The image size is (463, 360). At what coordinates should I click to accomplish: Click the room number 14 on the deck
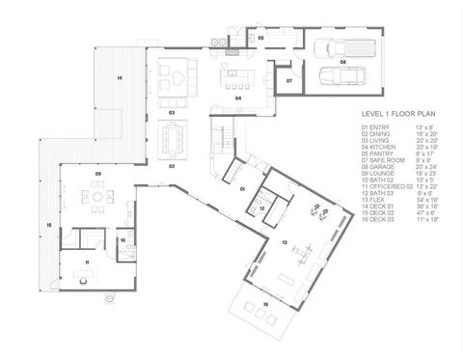click(x=120, y=76)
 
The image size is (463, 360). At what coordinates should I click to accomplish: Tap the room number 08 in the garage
click(x=342, y=61)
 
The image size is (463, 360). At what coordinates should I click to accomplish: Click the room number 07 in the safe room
click(x=288, y=82)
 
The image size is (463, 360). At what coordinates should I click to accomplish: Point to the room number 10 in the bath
click(x=123, y=239)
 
